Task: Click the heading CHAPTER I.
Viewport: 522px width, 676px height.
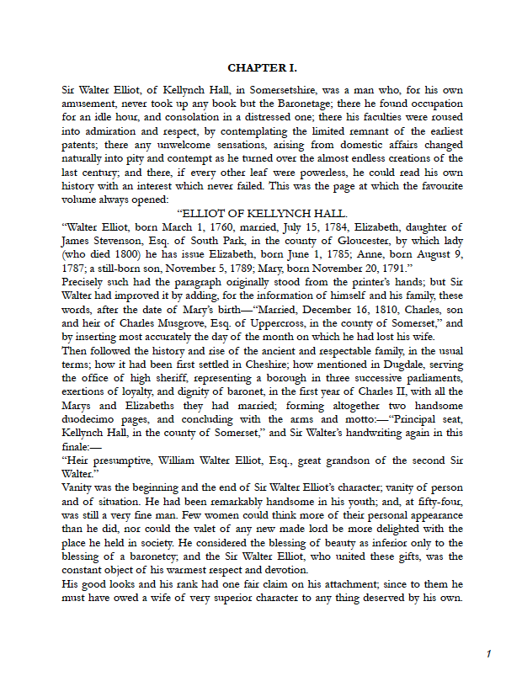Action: click(x=262, y=67)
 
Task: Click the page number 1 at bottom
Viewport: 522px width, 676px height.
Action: click(x=488, y=654)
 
